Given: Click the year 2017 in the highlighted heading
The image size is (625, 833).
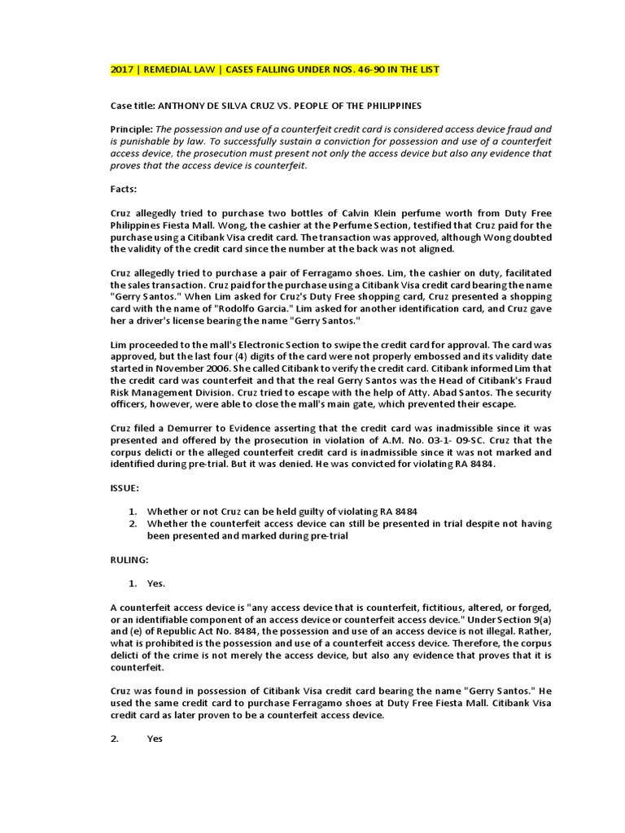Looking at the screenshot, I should [x=122, y=70].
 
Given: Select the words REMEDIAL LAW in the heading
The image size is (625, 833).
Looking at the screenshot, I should [x=179, y=70].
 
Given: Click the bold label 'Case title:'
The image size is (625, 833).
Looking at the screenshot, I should [x=132, y=106].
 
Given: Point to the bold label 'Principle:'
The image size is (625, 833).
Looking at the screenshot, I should [x=131, y=129].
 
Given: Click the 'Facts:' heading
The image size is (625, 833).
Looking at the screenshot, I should [x=125, y=189].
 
